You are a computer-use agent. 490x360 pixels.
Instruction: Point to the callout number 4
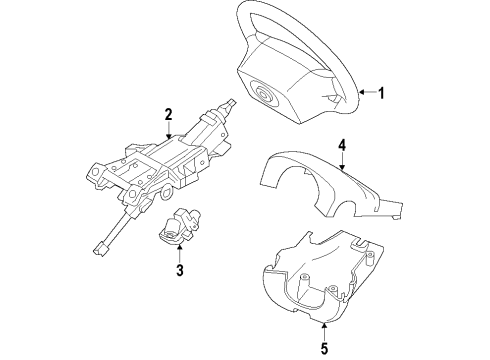[x=342, y=145]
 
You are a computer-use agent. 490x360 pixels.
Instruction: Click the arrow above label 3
[x=179, y=251]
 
